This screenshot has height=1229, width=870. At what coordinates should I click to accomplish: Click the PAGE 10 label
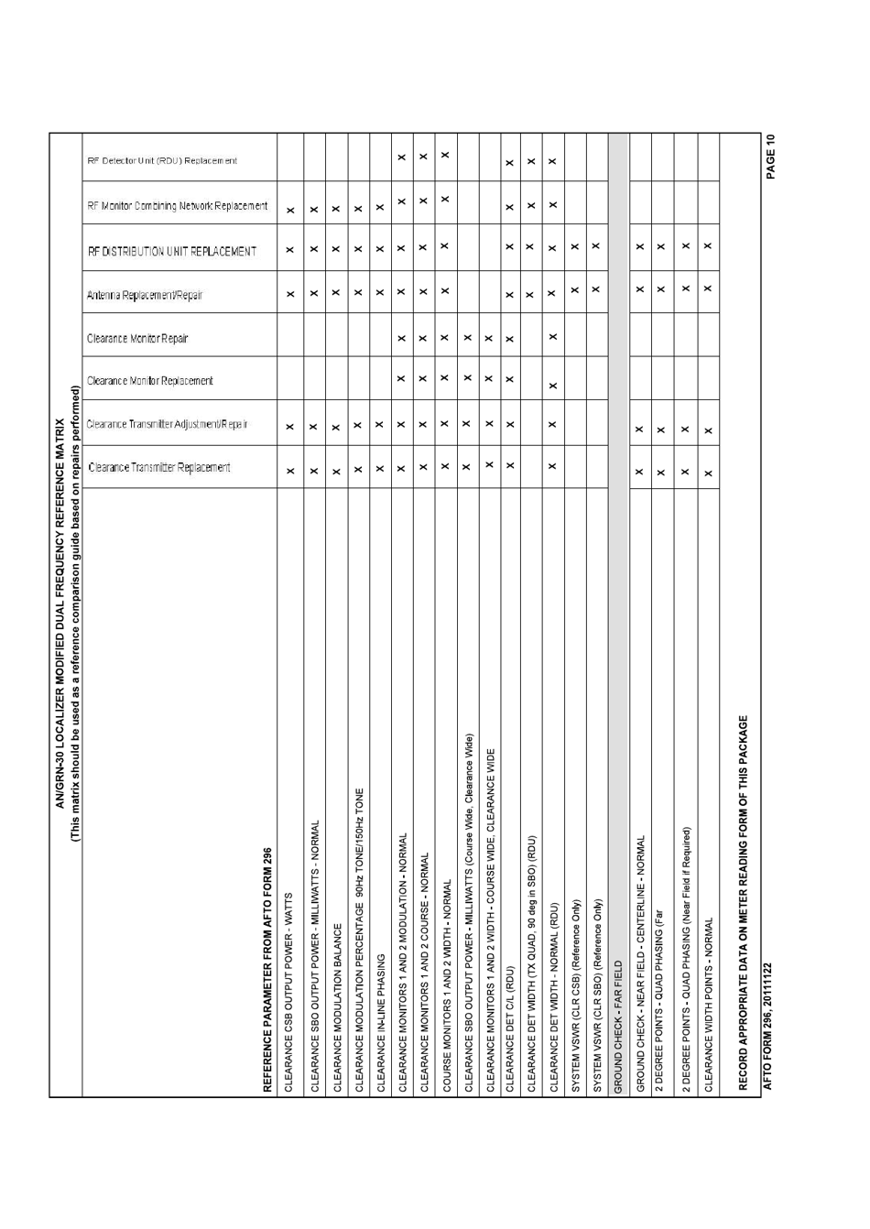[x=770, y=157]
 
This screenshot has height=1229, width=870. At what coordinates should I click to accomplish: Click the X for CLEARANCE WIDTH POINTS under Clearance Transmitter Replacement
[x=707, y=473]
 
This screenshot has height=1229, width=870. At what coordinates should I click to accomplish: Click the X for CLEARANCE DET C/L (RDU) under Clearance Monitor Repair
[x=509, y=339]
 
